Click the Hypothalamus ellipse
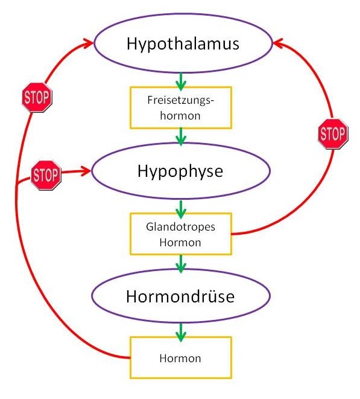click(182, 45)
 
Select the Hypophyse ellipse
click(180, 171)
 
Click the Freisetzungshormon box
click(180, 107)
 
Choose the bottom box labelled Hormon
click(180, 357)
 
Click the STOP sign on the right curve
click(332, 134)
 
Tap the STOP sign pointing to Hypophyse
click(46, 175)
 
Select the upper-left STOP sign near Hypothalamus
click(37, 97)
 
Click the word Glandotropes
click(180, 228)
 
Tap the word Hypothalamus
click(183, 44)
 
